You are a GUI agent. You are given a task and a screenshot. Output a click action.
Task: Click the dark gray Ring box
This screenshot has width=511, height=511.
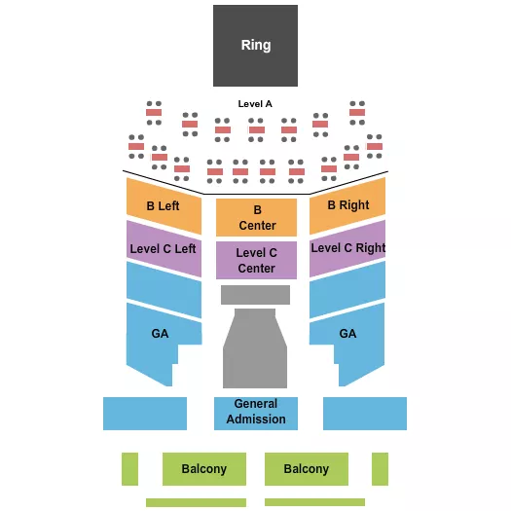tap(256, 45)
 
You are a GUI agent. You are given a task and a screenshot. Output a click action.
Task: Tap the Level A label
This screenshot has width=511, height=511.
tap(255, 103)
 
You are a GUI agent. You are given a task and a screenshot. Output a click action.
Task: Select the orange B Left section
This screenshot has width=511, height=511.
tap(164, 206)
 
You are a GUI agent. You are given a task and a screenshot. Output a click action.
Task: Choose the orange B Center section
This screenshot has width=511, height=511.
tap(257, 217)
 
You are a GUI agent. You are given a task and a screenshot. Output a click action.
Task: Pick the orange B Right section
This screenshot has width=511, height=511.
tap(347, 205)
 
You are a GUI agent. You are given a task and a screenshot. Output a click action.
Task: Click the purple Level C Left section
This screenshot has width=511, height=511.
tap(164, 248)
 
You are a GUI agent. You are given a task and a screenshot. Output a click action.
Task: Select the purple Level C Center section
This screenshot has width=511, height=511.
tap(257, 260)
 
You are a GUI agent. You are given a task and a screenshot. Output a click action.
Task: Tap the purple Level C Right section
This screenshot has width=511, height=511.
tap(347, 247)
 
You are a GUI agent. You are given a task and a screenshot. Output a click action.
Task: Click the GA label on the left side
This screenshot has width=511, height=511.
tap(160, 333)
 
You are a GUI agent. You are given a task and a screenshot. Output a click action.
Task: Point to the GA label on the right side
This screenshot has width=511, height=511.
tap(347, 333)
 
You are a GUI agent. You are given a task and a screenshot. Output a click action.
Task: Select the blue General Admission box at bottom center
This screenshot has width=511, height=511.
tap(256, 412)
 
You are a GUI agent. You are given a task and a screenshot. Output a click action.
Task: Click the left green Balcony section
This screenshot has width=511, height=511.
tap(204, 469)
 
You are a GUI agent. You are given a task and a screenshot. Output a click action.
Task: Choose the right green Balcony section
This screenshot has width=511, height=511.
tap(307, 469)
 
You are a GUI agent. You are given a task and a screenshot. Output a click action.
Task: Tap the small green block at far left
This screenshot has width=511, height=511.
tap(129, 469)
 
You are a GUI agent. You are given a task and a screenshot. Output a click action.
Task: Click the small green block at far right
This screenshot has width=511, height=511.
tap(380, 469)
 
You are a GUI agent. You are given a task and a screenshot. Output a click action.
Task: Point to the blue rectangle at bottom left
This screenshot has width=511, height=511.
tap(145, 414)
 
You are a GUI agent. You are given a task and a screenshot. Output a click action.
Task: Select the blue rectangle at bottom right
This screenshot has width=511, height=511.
tap(365, 414)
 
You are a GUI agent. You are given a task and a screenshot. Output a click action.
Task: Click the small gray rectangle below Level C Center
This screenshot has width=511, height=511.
tap(255, 295)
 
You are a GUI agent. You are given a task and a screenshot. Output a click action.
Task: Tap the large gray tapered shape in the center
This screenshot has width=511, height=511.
tap(255, 350)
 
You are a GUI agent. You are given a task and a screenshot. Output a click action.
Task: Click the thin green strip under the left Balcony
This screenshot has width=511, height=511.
tap(196, 502)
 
